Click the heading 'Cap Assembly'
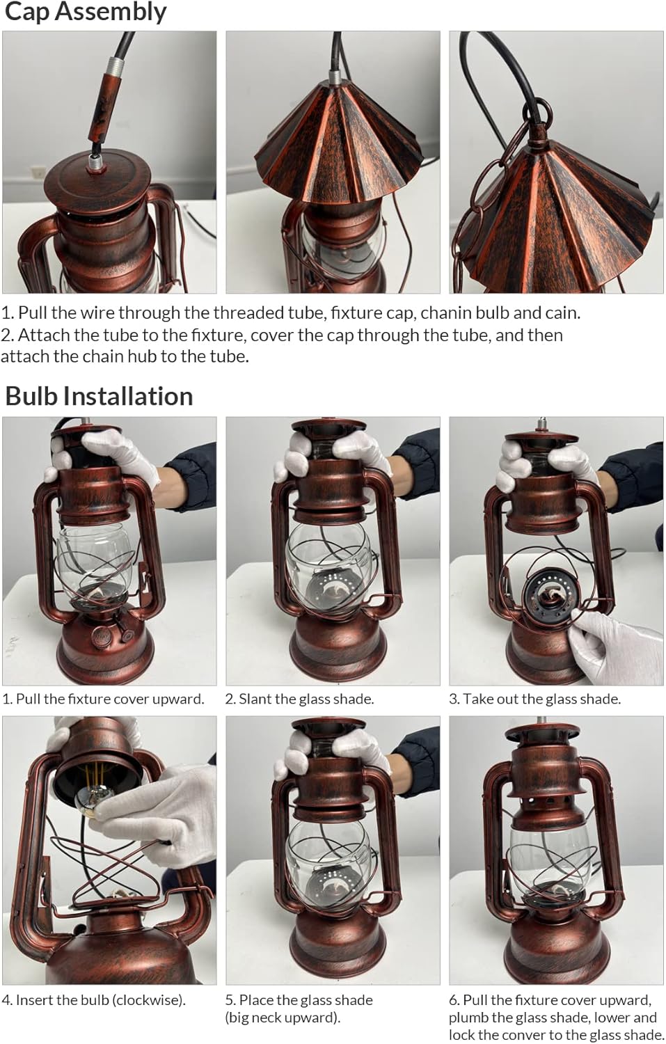coord(86,12)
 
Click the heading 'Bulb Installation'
coord(99,397)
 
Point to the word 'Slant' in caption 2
coord(253,699)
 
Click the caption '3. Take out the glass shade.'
coord(534,699)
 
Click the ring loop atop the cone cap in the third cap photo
coord(537,113)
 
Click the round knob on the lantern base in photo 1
coord(102,635)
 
